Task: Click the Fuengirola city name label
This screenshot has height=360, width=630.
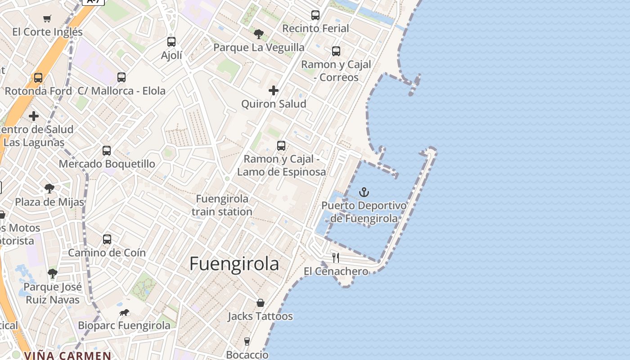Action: (x=234, y=264)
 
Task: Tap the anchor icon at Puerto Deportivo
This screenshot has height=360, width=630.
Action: (x=364, y=193)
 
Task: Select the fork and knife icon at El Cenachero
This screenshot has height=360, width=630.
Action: (x=336, y=258)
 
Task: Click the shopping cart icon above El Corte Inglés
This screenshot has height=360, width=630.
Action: (x=47, y=18)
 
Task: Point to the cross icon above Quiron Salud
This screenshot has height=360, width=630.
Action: (x=274, y=90)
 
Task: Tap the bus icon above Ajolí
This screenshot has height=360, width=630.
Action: (x=171, y=42)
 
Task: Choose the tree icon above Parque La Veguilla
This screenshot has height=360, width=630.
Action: (x=259, y=34)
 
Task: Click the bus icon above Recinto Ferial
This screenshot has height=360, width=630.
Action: (x=315, y=15)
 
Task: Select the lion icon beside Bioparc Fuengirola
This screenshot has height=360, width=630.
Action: (x=124, y=312)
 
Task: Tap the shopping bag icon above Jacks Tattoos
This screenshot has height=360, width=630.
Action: (x=260, y=303)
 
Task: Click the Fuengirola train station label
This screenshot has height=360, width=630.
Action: (x=222, y=205)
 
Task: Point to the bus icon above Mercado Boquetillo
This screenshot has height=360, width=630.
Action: (x=107, y=151)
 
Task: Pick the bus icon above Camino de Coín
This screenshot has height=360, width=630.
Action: (x=107, y=239)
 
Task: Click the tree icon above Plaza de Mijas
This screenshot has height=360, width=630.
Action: (x=49, y=189)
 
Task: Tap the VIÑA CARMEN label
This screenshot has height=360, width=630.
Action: (x=67, y=355)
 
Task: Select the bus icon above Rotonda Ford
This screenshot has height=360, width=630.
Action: (x=38, y=78)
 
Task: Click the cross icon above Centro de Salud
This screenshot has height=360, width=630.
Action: (x=34, y=116)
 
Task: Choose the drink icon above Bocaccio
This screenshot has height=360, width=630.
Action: (x=247, y=342)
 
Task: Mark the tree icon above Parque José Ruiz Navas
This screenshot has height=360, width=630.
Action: (x=53, y=273)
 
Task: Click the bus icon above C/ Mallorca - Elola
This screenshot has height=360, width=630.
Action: (x=121, y=77)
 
